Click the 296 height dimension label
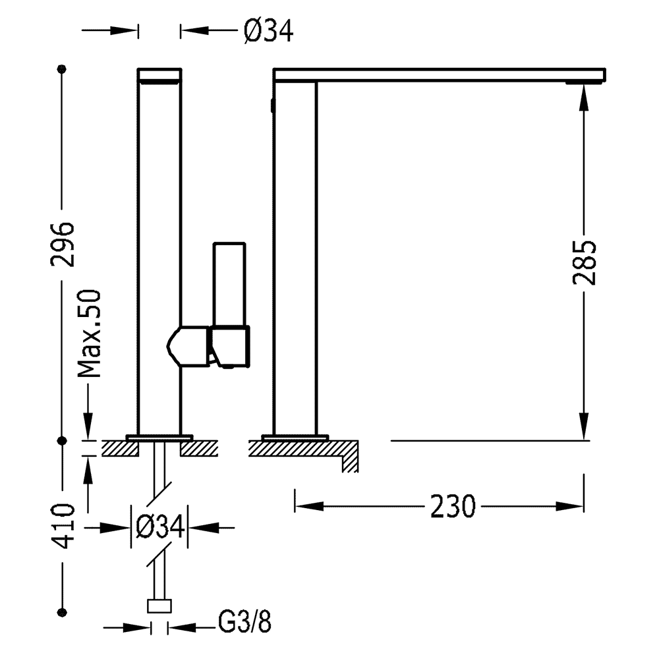pos(63,244)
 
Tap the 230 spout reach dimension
pos(453,506)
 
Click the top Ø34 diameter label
pos(268,30)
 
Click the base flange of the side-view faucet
pos(295,436)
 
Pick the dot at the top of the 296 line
pos(63,69)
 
